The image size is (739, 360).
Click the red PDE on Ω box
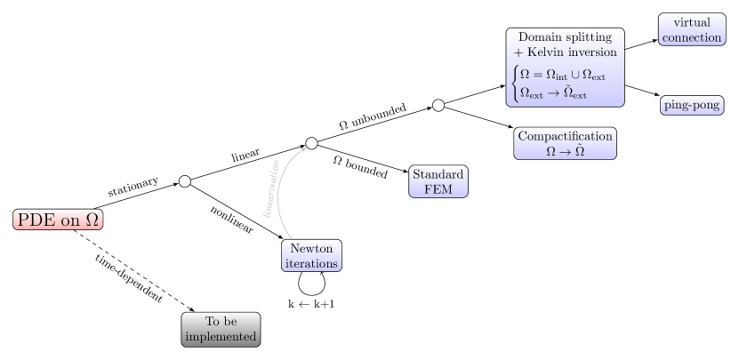pyautogui.click(x=58, y=220)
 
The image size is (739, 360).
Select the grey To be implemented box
pyautogui.click(x=221, y=329)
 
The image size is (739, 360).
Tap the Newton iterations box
pyautogui.click(x=311, y=256)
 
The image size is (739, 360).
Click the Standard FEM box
pyautogui.click(x=438, y=181)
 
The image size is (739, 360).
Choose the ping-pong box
pyautogui.click(x=692, y=105)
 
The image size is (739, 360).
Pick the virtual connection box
pyautogui.click(x=692, y=29)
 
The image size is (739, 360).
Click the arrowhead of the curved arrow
pyautogui.click(x=305, y=148)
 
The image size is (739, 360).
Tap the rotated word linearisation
pyautogui.click(x=271, y=188)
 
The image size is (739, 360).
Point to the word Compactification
pyautogui.click(x=566, y=136)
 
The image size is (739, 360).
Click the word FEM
pyautogui.click(x=438, y=189)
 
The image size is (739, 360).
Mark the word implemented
pyautogui.click(x=221, y=337)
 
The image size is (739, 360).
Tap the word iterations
pyautogui.click(x=311, y=264)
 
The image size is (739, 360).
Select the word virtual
pyautogui.click(x=692, y=21)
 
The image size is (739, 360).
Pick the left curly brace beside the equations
pyautogui.click(x=514, y=84)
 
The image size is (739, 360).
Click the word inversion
pyautogui.click(x=594, y=52)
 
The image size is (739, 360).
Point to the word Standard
pyautogui.click(x=438, y=173)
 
